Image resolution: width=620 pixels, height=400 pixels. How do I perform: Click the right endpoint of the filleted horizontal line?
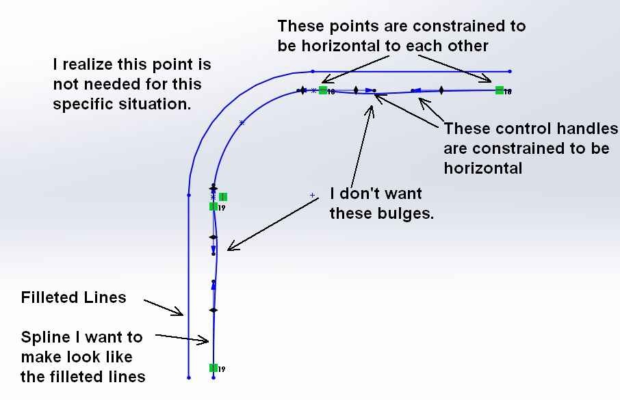[x=510, y=72]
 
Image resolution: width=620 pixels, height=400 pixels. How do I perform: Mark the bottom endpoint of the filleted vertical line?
[x=189, y=377]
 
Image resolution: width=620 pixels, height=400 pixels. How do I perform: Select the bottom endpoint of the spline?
[x=214, y=377]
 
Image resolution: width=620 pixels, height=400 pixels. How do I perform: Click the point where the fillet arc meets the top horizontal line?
[x=313, y=72]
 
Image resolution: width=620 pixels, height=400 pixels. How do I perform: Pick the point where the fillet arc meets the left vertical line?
[x=189, y=195]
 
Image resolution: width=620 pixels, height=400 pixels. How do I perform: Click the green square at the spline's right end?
[x=500, y=90]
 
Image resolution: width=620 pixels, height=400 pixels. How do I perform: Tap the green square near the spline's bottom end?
[x=214, y=368]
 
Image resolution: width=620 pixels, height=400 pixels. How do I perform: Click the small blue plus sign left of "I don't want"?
[x=312, y=195]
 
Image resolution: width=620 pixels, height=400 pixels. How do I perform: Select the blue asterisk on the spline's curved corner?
[x=242, y=123]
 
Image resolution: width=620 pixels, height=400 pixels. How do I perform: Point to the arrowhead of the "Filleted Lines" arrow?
[x=182, y=315]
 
